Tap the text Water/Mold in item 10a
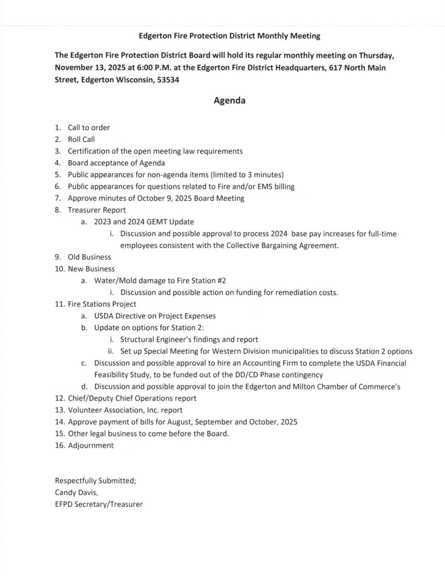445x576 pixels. pos(114,280)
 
